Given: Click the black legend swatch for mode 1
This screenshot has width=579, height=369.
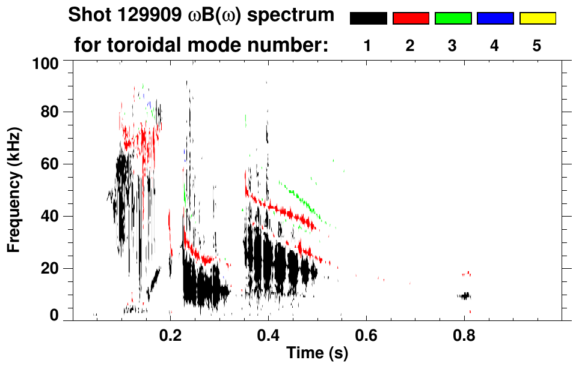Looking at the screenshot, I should pos(368,19).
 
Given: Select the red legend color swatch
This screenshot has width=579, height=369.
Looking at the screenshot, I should pos(411,19).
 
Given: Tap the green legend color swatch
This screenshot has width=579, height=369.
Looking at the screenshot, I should pos(453,19).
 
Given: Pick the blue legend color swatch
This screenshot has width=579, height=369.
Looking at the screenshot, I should pos(495,19).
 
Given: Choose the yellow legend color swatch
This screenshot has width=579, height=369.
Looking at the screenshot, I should pos(537,19).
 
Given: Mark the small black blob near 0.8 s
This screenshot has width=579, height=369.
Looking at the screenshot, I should pos(464,295).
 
